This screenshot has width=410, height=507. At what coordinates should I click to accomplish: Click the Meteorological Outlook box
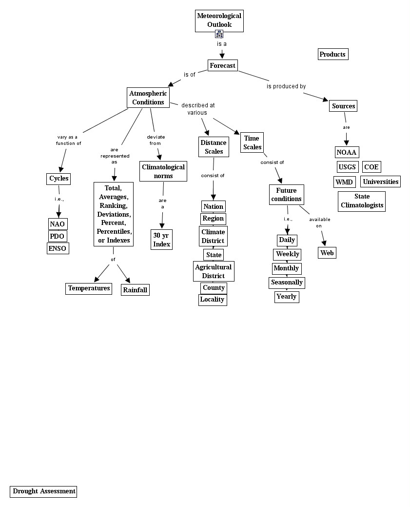point(219,20)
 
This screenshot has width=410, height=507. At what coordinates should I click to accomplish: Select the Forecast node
point(222,65)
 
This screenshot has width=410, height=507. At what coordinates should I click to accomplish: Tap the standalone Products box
point(332,54)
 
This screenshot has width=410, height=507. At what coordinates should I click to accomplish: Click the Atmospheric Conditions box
point(148,98)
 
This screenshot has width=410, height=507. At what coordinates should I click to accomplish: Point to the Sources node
point(343,106)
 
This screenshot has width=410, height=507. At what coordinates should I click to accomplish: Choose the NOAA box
point(347,152)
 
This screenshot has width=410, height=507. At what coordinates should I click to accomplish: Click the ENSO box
point(57,248)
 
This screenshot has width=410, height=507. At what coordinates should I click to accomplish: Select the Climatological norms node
point(163,171)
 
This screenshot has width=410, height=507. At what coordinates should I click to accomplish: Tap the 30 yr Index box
point(162,240)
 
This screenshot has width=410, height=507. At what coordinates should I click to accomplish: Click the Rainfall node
point(135,290)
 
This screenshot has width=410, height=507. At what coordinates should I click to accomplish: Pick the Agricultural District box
point(214,271)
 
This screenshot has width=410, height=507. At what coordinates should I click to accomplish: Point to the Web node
point(327,253)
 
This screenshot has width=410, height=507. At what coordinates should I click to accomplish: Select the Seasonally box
point(287,283)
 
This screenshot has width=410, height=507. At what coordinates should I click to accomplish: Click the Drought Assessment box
point(44,491)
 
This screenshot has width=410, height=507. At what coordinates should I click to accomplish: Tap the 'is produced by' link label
point(286,86)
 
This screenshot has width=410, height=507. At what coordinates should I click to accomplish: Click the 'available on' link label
point(319,223)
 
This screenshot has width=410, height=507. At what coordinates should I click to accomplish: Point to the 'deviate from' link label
point(155,140)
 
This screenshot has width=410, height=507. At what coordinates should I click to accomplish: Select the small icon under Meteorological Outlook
point(219,34)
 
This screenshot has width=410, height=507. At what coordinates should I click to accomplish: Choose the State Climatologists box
point(362,201)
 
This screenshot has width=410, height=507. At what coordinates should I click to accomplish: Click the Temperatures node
point(89,288)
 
